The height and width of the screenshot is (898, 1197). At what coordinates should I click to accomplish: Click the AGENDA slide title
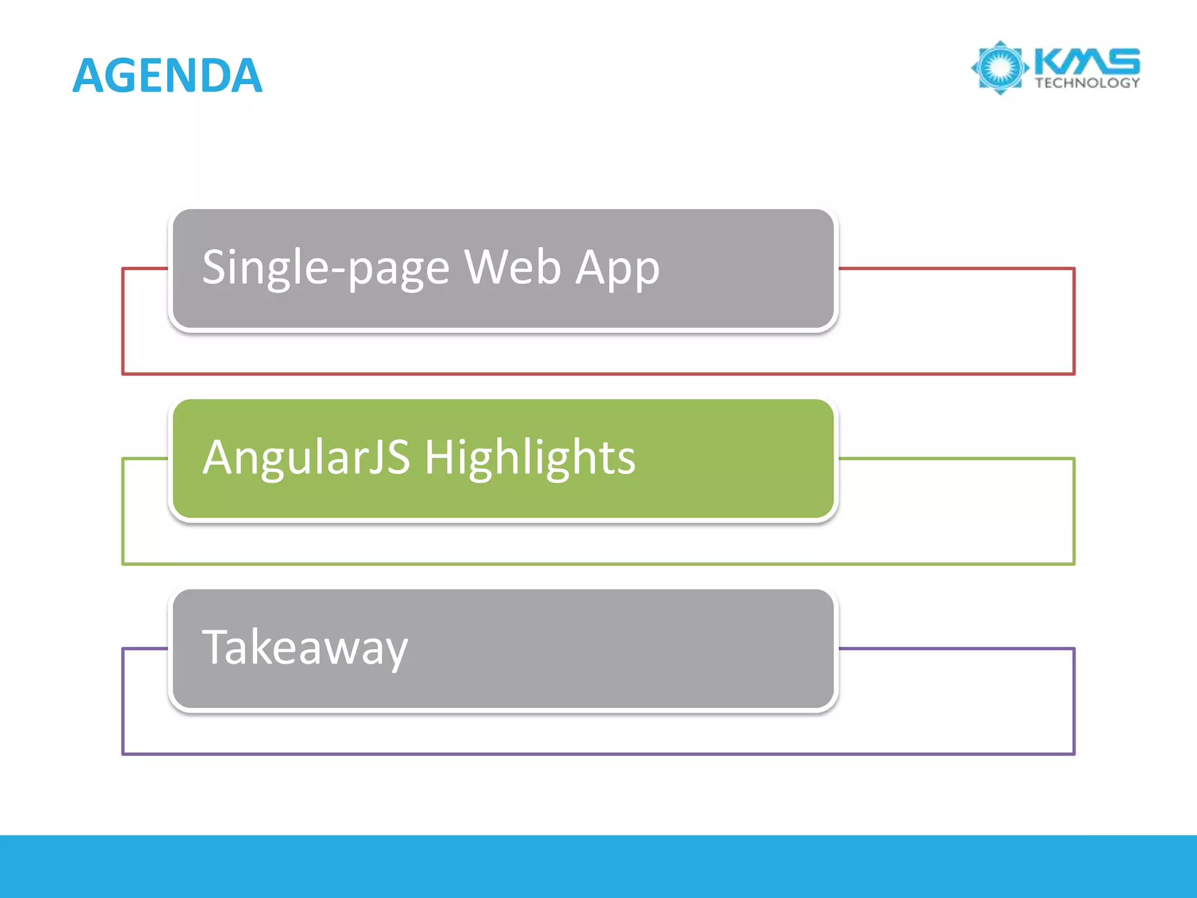pos(168,75)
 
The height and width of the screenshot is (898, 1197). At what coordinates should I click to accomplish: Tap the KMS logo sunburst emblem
pos(1000,68)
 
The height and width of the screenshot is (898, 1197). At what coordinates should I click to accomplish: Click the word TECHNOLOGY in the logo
pos(1087,83)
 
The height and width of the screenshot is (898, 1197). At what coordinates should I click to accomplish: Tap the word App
pos(617,268)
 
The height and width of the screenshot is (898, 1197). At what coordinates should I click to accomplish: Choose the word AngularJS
pos(306,457)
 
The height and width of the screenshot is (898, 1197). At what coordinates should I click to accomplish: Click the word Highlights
pos(530,457)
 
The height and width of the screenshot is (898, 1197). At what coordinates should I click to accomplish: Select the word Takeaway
pos(305,648)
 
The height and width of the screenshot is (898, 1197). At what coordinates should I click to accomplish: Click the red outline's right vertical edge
pos(1074,322)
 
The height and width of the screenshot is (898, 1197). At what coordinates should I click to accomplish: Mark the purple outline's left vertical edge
pos(123,702)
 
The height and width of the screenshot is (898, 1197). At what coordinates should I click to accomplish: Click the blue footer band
pos(598,866)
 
